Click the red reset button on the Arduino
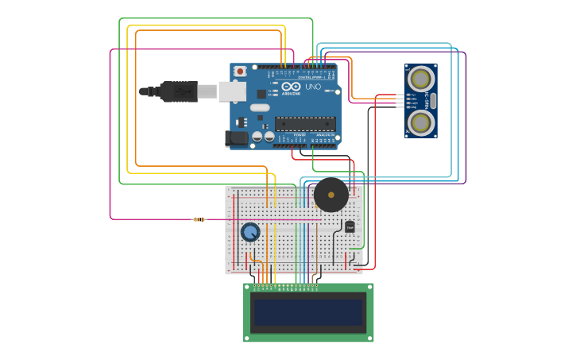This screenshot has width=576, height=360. tap(240, 72)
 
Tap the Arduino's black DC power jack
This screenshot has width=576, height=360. tap(236, 138)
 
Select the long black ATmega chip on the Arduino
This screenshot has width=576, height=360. tap(305, 123)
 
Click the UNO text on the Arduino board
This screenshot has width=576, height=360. tap(313, 86)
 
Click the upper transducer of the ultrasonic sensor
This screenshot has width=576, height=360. tap(420, 78)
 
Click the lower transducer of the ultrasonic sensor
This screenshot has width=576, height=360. tap(420, 122)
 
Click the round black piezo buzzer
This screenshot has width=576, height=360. tap(331, 194)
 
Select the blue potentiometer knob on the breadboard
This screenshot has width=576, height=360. tap(250, 232)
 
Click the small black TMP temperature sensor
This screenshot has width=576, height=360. tap(350, 226)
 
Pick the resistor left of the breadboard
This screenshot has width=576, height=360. tap(199, 219)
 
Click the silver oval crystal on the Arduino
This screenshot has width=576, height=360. tap(260, 107)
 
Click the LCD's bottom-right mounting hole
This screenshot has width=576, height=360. tap(369, 338)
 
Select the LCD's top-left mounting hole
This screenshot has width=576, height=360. tap(248, 288)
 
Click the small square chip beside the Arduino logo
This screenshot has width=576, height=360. tap(261, 93)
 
